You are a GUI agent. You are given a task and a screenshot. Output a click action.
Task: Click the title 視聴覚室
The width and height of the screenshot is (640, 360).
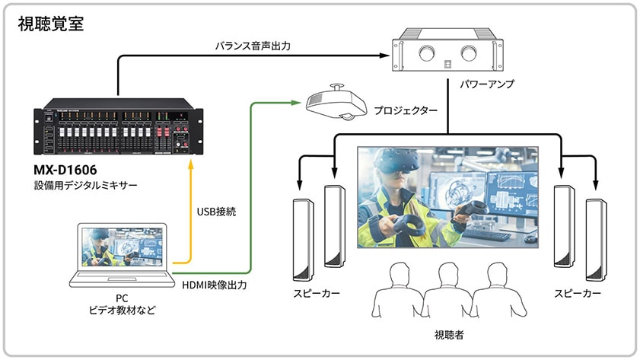(51, 24)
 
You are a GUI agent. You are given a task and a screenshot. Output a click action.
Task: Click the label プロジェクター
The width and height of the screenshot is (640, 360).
(405, 111)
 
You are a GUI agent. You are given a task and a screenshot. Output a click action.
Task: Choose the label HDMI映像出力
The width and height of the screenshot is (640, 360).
(214, 285)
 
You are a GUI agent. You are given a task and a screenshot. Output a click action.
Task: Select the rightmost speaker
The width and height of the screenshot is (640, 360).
(596, 237)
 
